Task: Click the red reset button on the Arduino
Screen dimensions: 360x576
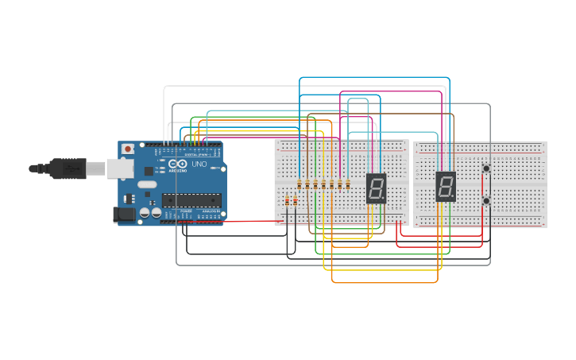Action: pyautogui.click(x=127, y=149)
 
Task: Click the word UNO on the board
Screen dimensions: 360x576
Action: pyautogui.click(x=199, y=165)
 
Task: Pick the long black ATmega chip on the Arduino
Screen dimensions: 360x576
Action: pyautogui.click(x=191, y=199)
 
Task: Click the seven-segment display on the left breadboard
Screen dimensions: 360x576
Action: pyautogui.click(x=377, y=188)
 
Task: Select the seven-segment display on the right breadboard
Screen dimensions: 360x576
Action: pyautogui.click(x=446, y=187)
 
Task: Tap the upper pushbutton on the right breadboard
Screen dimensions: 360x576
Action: pyautogui.click(x=486, y=168)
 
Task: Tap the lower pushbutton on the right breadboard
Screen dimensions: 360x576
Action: pyautogui.click(x=486, y=201)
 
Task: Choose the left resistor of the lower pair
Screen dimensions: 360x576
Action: pyautogui.click(x=287, y=201)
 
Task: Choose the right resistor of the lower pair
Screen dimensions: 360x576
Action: pyautogui.click(x=295, y=201)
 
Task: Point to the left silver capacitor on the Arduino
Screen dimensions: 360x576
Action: pyautogui.click(x=145, y=213)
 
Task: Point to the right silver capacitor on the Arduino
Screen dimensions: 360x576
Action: pyautogui.click(x=157, y=213)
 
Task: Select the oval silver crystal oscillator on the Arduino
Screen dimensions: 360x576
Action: pyautogui.click(x=148, y=184)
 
